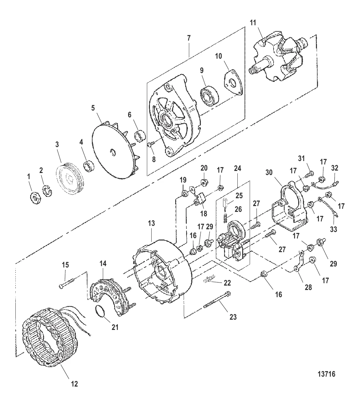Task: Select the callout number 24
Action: pos(238,169)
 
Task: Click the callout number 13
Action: pos(151,223)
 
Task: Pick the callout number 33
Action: pos(333,229)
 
